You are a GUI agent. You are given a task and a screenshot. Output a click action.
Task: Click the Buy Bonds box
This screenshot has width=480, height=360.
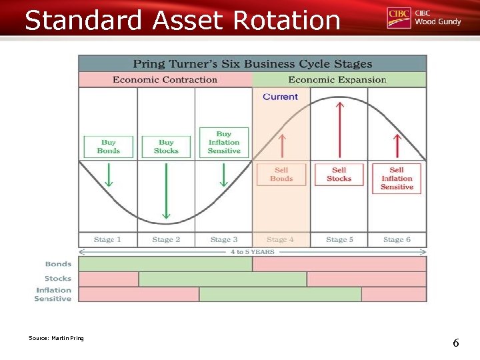[108, 147]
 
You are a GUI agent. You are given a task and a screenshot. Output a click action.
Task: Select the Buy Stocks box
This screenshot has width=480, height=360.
[166, 147]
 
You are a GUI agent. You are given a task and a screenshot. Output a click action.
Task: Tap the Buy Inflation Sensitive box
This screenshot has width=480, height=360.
[223, 142]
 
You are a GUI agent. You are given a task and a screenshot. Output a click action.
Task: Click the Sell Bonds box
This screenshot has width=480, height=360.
[281, 174]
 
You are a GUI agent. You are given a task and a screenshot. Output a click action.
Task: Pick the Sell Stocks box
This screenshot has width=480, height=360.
[339, 174]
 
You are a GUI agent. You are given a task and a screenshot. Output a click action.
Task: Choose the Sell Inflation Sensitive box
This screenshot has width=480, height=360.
[397, 179]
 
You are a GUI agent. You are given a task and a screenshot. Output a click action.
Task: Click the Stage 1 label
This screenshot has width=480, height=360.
[107, 239]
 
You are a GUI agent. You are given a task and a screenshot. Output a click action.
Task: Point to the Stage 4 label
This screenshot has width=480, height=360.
[280, 239]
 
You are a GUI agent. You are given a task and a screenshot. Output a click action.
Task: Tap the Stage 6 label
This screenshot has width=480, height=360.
[397, 239]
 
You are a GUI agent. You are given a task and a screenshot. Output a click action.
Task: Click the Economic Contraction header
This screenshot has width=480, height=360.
[165, 79]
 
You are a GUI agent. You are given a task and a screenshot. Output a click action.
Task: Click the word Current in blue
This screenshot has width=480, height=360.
[280, 97]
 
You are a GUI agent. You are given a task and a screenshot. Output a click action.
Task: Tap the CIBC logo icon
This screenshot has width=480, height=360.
[398, 18]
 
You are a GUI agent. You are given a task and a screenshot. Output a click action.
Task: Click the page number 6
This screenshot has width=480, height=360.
[456, 343]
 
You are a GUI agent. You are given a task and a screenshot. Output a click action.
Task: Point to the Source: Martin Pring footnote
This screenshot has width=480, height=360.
[56, 338]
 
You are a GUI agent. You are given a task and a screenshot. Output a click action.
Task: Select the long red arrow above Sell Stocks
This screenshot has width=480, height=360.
[339, 130]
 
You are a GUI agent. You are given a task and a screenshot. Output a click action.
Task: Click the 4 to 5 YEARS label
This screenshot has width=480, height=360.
[252, 252]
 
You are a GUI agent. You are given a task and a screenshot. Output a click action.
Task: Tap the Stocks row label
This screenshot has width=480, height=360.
[58, 279]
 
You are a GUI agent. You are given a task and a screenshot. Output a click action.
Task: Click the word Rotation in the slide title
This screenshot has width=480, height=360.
[287, 20]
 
